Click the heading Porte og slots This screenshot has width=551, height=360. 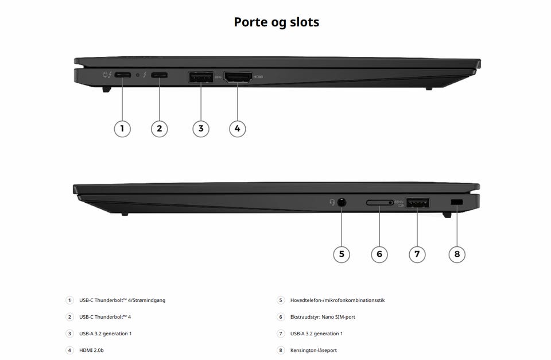[x=277, y=22]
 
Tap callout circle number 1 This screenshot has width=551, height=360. [x=122, y=129]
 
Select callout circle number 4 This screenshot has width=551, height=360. [x=238, y=129]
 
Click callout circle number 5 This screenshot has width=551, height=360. [x=342, y=254]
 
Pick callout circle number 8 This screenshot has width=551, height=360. [x=457, y=254]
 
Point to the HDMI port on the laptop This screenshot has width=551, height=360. [x=238, y=77]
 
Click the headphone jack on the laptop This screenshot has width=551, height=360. [x=342, y=203]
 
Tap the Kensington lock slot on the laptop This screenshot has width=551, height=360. [x=457, y=203]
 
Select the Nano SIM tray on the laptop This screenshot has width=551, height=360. [x=379, y=203]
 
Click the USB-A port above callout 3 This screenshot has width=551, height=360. [x=201, y=77]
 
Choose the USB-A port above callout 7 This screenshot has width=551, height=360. [x=417, y=203]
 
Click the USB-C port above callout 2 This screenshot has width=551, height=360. [x=159, y=75]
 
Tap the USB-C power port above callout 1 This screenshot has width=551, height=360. [x=123, y=75]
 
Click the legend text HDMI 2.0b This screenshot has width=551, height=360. [x=91, y=350]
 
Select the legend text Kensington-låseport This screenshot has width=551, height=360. [x=313, y=350]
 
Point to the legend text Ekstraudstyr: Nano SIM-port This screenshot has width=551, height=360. [x=323, y=317]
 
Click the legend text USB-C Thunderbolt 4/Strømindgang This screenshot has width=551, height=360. [x=122, y=300]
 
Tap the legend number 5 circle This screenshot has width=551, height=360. [x=281, y=300]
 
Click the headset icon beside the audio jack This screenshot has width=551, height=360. [x=332, y=203]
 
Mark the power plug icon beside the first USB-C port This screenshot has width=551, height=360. [x=105, y=75]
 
